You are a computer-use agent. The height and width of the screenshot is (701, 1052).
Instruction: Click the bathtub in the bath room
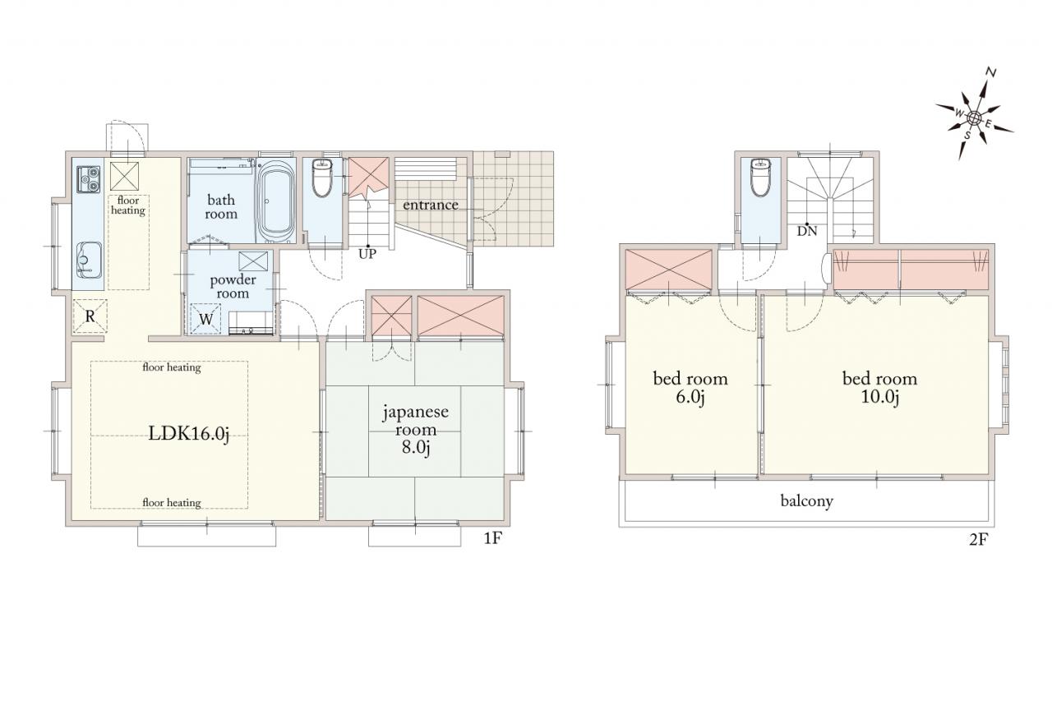tap(275, 201)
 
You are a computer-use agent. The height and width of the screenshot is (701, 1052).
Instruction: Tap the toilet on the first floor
tap(322, 178)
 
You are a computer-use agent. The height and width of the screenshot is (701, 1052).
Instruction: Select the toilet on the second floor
tap(761, 177)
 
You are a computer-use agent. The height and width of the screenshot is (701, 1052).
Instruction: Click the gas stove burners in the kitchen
tap(89, 179)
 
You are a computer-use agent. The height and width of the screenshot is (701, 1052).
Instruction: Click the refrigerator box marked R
tap(90, 316)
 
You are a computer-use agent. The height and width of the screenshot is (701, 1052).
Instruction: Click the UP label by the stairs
tap(367, 254)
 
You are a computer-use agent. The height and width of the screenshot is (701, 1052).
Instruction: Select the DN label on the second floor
tap(807, 231)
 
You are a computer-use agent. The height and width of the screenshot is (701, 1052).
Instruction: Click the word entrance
tap(430, 205)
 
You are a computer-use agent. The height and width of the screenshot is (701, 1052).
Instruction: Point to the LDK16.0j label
tap(189, 433)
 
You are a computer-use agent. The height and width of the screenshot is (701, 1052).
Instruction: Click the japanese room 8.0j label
tap(416, 430)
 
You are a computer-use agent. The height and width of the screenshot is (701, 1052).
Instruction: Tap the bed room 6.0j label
tap(690, 388)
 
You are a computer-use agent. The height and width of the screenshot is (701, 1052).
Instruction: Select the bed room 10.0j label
tap(879, 388)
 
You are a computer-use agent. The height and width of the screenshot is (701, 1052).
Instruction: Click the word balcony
tap(807, 501)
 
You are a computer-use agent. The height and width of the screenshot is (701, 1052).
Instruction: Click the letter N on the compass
tap(990, 72)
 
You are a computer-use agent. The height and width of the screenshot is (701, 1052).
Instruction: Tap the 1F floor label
tap(493, 538)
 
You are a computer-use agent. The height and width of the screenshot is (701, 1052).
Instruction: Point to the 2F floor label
tap(979, 540)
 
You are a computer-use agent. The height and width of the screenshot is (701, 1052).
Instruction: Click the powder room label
tap(233, 287)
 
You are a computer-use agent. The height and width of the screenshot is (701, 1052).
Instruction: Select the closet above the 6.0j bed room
tap(669, 270)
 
